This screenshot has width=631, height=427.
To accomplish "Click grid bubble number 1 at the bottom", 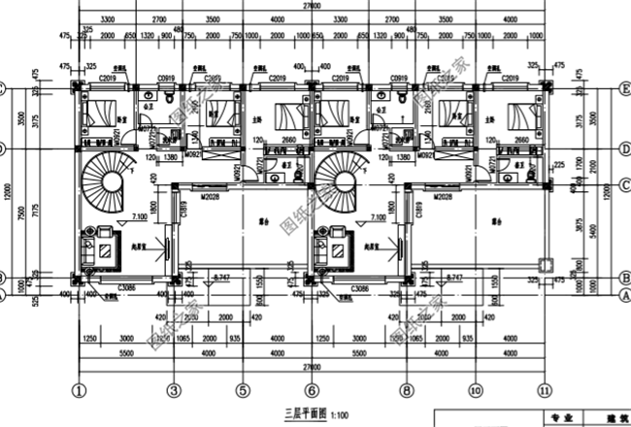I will (80, 389).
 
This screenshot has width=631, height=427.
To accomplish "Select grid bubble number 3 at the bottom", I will (173, 389).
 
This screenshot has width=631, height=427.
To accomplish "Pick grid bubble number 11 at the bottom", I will (544, 389).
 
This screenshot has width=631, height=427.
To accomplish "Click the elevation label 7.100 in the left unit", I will (138, 216).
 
